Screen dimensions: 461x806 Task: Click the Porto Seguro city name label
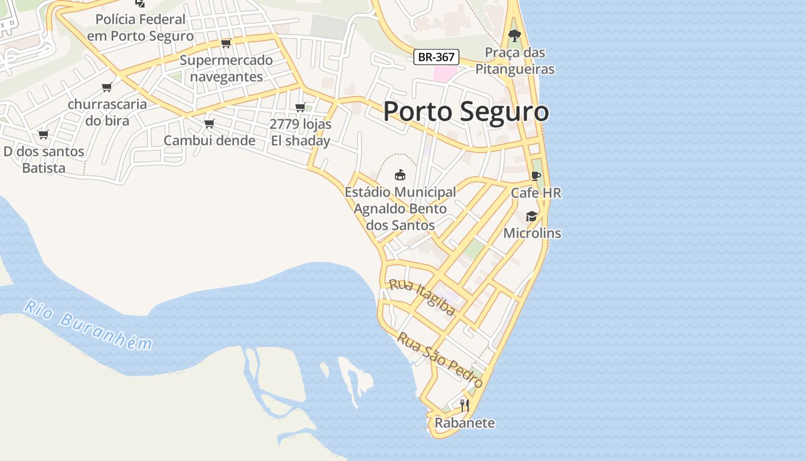[466, 111]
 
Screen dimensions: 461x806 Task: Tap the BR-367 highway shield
[436, 57]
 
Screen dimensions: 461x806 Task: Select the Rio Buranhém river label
[88, 326]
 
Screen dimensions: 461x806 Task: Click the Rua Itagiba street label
[422, 297]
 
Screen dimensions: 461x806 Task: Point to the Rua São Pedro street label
[440, 360]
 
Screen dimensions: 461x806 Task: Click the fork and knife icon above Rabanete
[464, 405]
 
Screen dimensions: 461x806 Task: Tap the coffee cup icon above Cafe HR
[536, 176]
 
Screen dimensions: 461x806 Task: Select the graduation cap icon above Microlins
[531, 216]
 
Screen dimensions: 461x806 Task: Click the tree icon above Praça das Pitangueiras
[515, 36]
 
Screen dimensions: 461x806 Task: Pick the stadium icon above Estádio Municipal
[400, 175]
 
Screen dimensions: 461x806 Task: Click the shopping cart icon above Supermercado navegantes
[226, 43]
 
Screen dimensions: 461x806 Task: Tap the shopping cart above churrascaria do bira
[107, 87]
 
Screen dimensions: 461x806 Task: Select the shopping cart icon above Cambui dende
[210, 123]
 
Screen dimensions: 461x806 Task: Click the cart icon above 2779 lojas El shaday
[300, 107]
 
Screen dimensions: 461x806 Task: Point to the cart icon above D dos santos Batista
[43, 134]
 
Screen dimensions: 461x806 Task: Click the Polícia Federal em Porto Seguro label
[140, 27]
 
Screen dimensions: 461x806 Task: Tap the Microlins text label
[532, 233]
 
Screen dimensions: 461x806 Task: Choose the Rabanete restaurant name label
[465, 423]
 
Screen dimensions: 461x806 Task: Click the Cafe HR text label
[536, 193]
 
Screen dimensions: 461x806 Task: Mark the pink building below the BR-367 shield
[444, 74]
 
